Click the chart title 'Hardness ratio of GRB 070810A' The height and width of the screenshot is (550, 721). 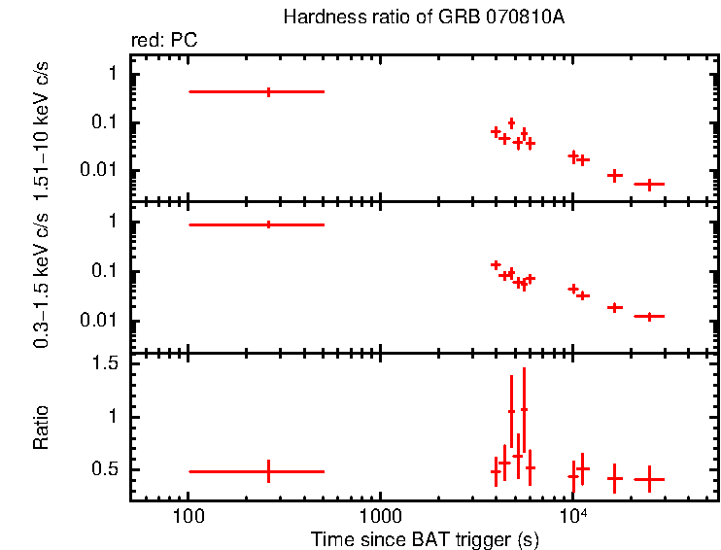[x=423, y=17]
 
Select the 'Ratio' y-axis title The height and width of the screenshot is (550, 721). [x=42, y=428]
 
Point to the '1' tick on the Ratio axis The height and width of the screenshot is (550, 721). [x=113, y=416]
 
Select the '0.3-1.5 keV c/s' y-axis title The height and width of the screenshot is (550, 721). [x=42, y=282]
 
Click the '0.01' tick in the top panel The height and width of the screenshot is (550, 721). [x=98, y=171]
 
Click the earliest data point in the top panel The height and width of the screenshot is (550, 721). [x=268, y=91]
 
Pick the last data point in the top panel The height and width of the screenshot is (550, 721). [x=648, y=183]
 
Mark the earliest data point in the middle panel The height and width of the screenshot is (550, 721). [x=268, y=224]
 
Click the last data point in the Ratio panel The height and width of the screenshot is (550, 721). [x=648, y=478]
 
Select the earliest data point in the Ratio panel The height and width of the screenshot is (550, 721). [x=268, y=471]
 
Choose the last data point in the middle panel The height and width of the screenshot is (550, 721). [x=648, y=316]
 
